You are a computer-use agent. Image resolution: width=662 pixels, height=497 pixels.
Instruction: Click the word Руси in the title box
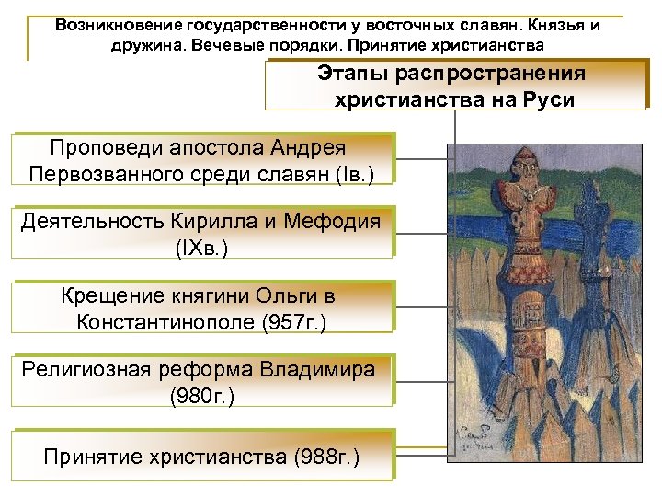coord(545,100)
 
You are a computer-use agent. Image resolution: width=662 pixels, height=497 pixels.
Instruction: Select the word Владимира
coord(317,370)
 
